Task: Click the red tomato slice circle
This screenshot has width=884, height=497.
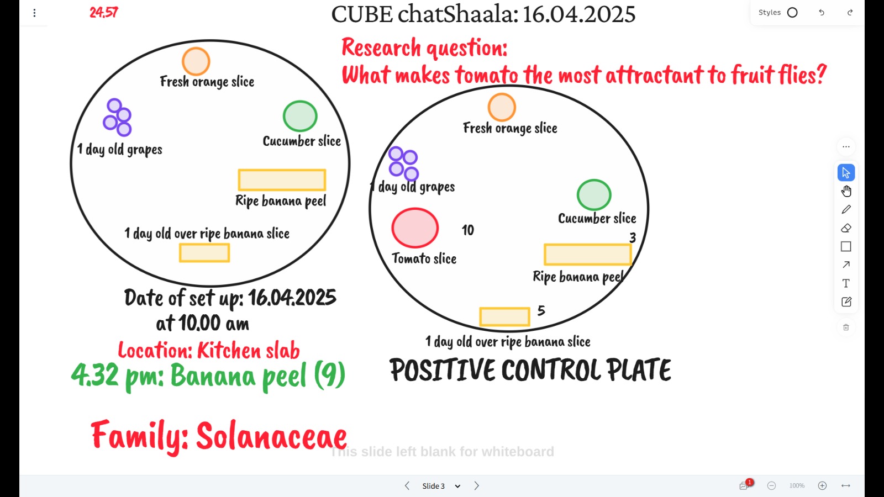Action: click(415, 228)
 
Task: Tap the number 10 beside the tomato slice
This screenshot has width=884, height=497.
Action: click(467, 230)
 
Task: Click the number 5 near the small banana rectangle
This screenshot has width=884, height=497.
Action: click(541, 311)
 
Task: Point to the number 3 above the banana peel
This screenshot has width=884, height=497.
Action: click(633, 237)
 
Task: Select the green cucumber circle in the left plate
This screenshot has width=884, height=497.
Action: click(300, 116)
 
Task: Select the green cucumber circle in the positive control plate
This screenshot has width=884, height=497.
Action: click(594, 195)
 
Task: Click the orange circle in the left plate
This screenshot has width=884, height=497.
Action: click(196, 61)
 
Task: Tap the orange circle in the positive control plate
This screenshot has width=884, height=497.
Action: click(502, 107)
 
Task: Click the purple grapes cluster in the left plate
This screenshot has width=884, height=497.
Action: click(117, 117)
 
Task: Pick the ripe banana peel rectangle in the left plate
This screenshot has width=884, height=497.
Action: click(282, 180)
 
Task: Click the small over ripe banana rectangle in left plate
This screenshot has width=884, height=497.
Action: click(204, 253)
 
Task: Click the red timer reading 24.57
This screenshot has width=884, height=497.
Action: click(103, 13)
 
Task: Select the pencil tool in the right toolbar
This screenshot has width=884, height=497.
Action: click(846, 209)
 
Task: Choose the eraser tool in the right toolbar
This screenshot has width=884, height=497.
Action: click(846, 228)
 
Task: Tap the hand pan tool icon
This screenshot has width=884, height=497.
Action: click(846, 191)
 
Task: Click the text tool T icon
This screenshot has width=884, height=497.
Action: click(846, 283)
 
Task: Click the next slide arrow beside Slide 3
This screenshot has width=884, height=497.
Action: click(476, 485)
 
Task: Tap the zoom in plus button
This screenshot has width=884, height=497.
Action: click(823, 485)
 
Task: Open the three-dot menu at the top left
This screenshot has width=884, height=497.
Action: click(35, 13)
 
